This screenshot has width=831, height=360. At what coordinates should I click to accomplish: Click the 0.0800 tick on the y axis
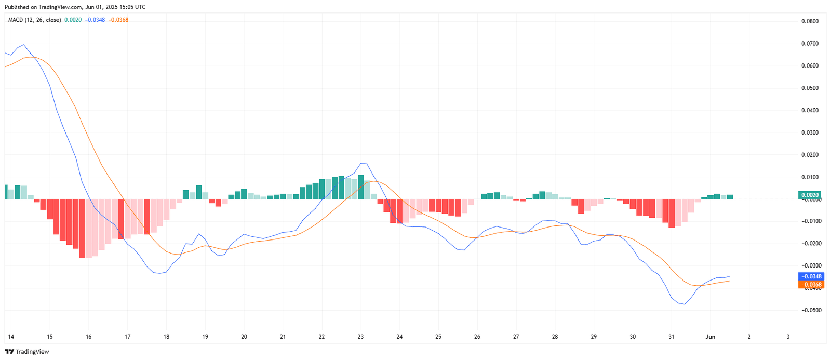810,21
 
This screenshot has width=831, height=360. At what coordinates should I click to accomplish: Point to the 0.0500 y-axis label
810,88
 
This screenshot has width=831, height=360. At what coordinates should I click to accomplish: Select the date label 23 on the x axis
360,337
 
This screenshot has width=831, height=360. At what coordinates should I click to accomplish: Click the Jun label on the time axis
710,337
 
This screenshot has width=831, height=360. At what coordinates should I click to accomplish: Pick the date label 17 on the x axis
127,337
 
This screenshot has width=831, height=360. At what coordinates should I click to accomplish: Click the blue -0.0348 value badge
810,276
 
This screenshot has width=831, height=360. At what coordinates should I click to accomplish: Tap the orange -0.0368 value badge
810,285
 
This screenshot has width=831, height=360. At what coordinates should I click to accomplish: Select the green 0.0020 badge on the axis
810,195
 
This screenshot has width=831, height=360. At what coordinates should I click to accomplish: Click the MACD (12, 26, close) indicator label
34,20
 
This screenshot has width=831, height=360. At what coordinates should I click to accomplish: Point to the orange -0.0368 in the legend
118,20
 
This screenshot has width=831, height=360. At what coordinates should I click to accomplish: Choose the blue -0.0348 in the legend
95,20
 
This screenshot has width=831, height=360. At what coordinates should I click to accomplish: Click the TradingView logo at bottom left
27,352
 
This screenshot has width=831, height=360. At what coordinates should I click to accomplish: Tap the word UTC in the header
140,7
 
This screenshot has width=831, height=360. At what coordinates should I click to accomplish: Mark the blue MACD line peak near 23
362,163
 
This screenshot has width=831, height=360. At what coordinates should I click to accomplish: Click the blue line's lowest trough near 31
684,304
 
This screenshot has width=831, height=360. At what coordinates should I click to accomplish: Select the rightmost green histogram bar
730,197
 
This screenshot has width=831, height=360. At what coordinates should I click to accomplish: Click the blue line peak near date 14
23,45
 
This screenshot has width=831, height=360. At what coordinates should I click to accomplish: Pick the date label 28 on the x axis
555,337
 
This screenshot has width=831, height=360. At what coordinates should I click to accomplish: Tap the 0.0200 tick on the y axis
810,155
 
